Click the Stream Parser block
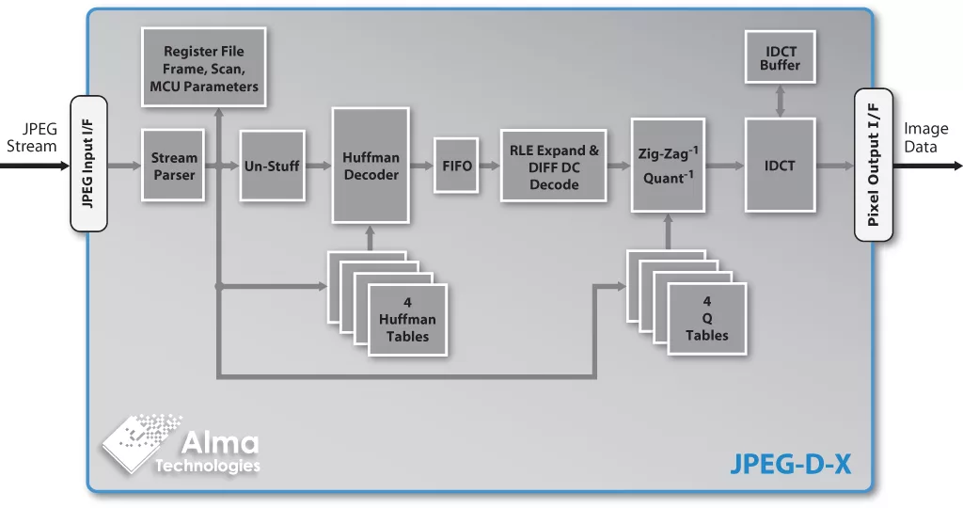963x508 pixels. pyautogui.click(x=173, y=166)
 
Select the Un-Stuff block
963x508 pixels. pyautogui.click(x=272, y=166)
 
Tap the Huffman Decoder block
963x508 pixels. pyautogui.click(x=371, y=166)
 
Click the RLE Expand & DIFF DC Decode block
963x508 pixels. pyautogui.click(x=553, y=167)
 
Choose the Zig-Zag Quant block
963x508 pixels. pyautogui.click(x=668, y=166)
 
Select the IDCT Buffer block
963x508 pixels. pyautogui.click(x=780, y=57)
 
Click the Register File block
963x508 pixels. pyautogui.click(x=203, y=68)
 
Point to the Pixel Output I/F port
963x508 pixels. pyautogui.click(x=873, y=165)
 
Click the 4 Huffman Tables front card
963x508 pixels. pyautogui.click(x=407, y=320)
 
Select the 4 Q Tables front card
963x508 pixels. pyautogui.click(x=706, y=320)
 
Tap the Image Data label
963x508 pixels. pyautogui.click(x=926, y=137)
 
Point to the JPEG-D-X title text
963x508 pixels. pyautogui.click(x=790, y=463)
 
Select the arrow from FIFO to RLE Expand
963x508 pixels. pyautogui.click(x=486, y=166)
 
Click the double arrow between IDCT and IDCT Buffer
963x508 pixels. pyautogui.click(x=779, y=101)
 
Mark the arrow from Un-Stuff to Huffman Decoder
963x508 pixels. pyautogui.click(x=318, y=166)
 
